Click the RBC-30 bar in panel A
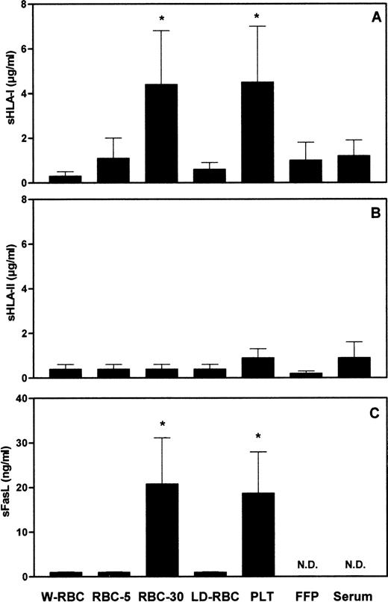161,134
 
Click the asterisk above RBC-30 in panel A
161,17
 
